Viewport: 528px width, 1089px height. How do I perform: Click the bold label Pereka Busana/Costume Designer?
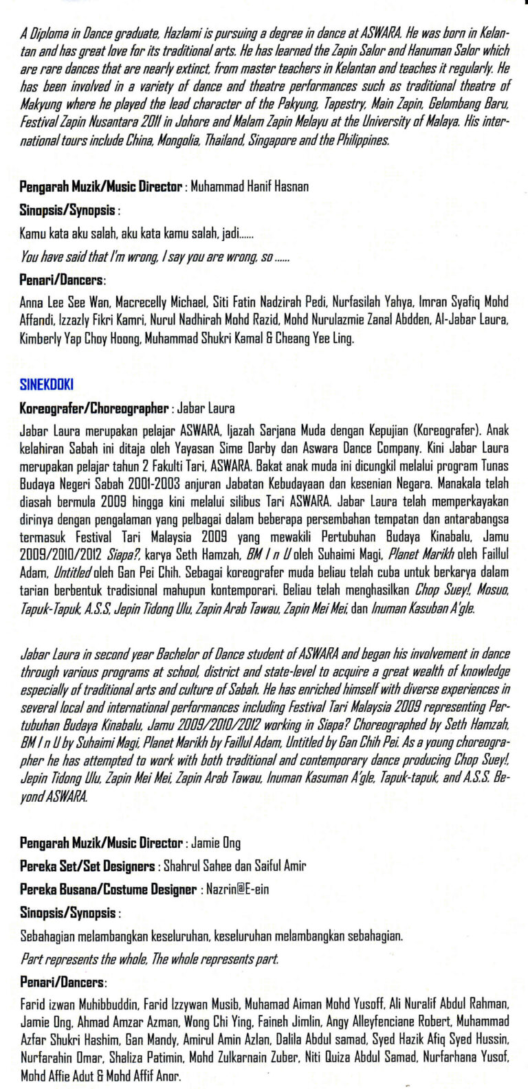(x=108, y=889)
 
